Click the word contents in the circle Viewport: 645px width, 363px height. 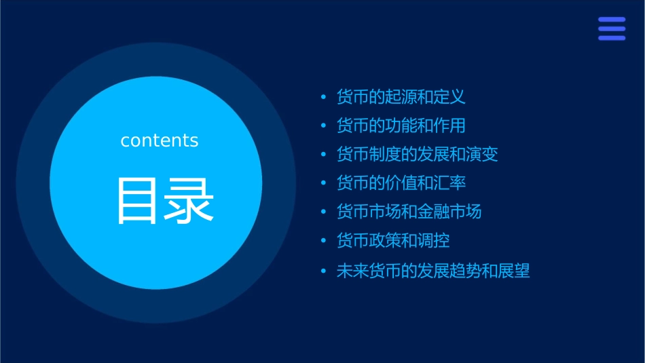coord(160,140)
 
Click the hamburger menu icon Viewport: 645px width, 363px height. coord(611,29)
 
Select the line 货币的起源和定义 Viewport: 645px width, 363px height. coord(401,96)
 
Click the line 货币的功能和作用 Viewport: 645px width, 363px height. coord(401,126)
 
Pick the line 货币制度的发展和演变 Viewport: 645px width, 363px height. coord(417,154)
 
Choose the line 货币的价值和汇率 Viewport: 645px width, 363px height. coord(401,183)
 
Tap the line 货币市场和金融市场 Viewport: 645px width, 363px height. coord(409,212)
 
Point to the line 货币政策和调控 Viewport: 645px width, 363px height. coord(392,240)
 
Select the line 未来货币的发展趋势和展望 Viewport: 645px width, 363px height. coord(432,271)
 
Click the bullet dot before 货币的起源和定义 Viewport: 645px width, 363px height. coord(323,97)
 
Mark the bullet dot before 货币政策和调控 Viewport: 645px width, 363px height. coord(323,241)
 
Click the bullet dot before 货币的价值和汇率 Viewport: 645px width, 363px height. coord(323,183)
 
